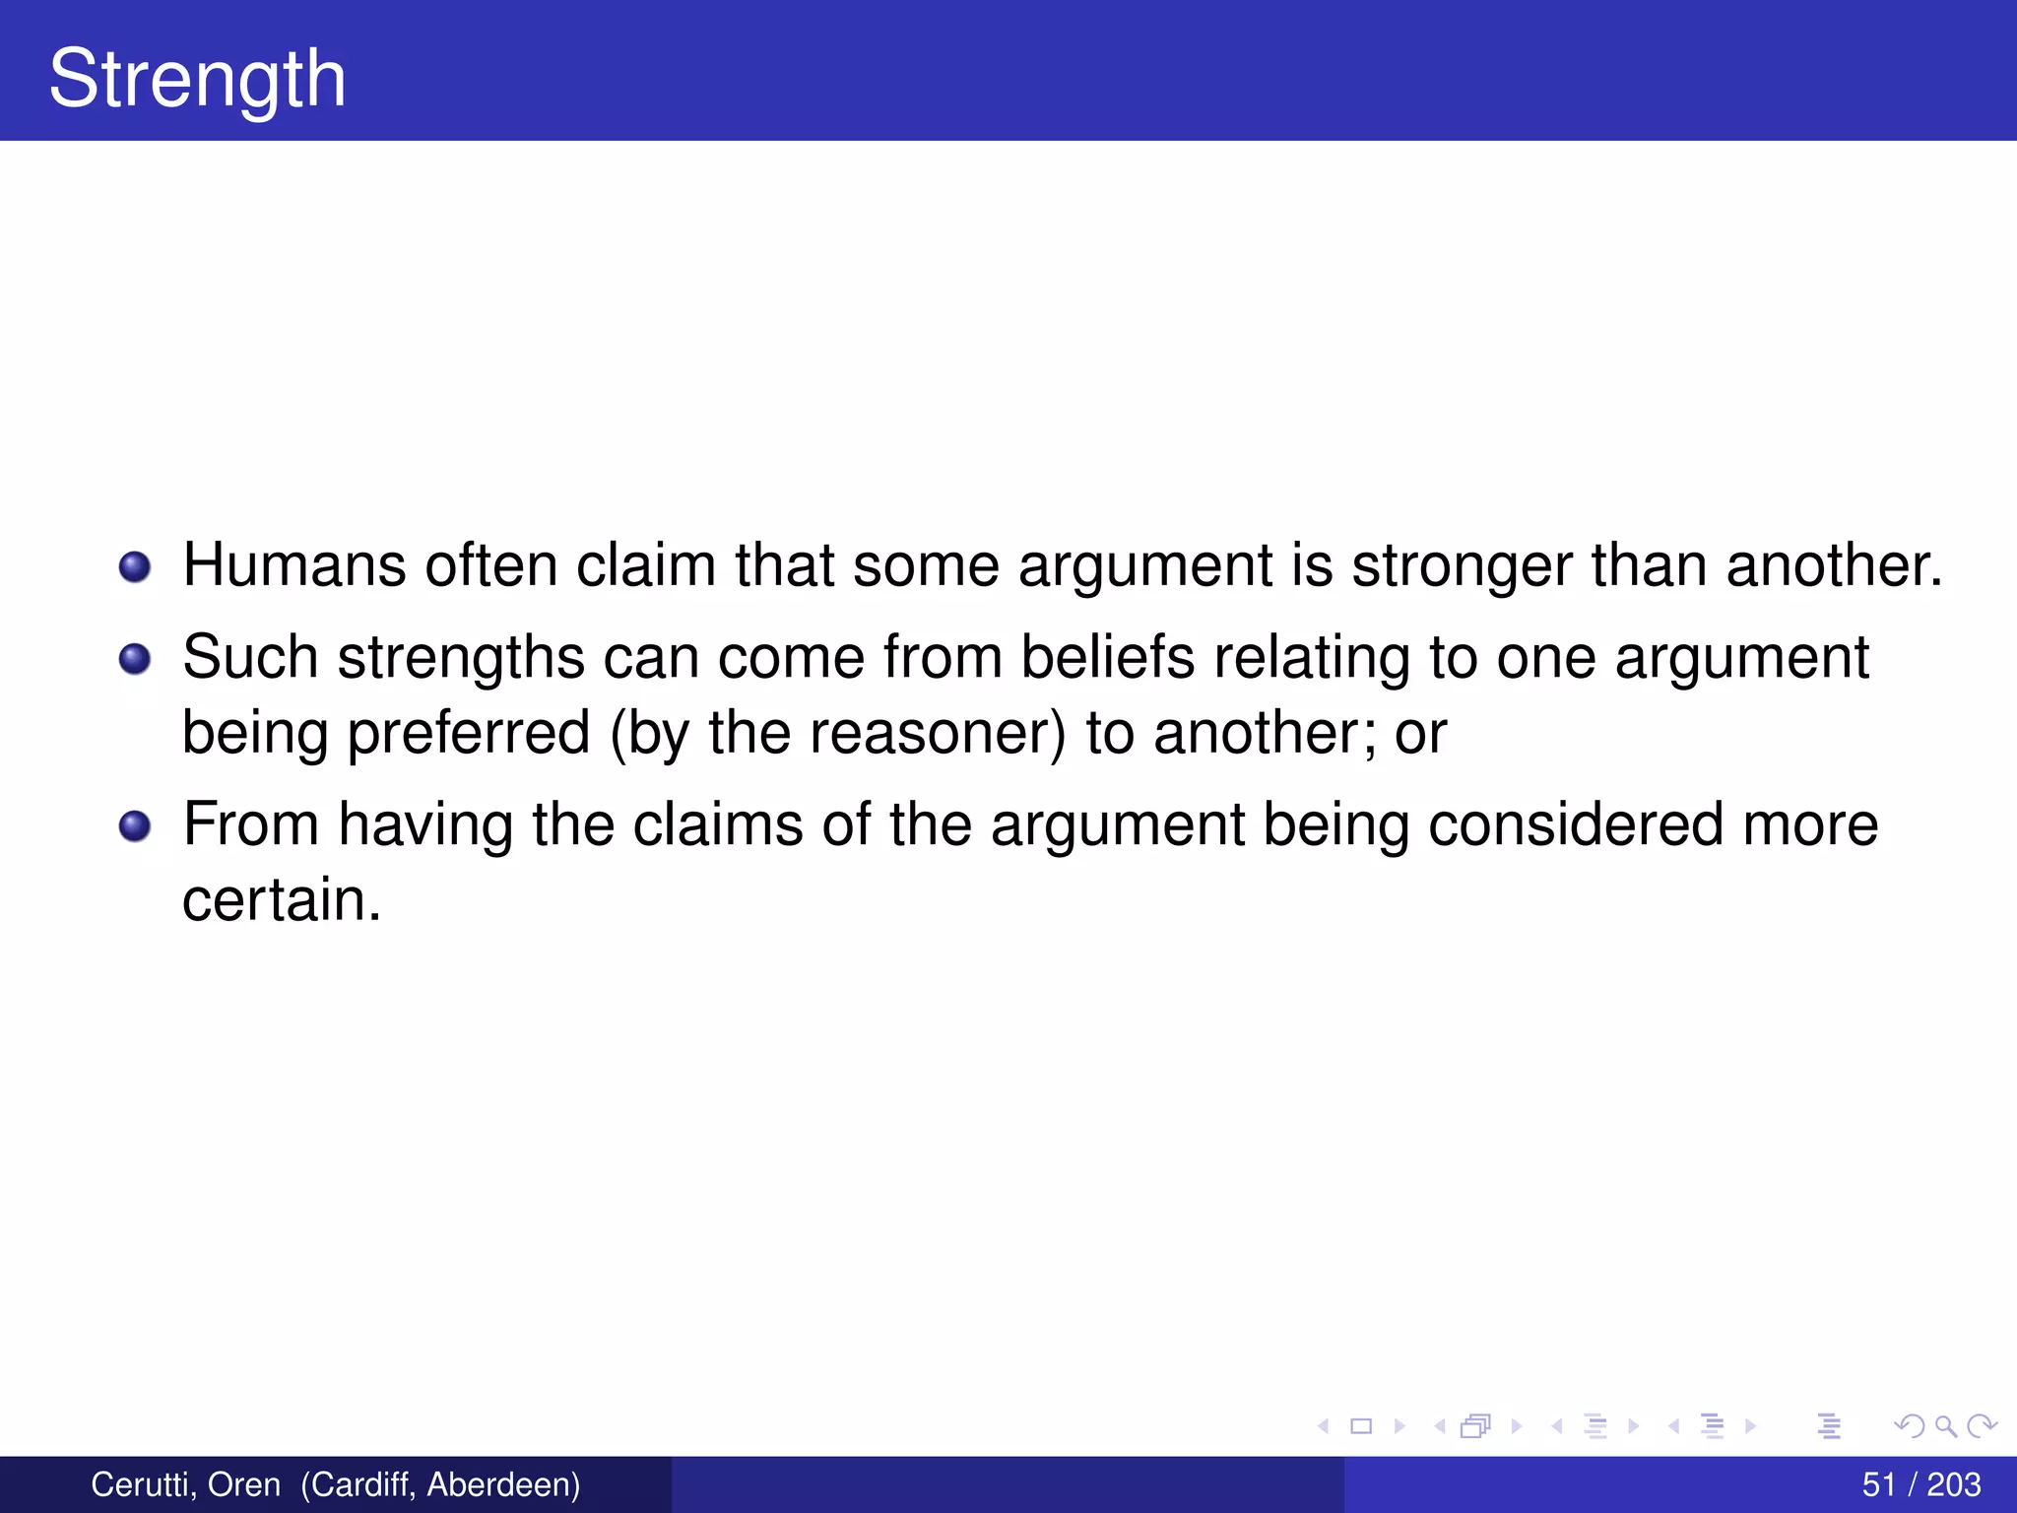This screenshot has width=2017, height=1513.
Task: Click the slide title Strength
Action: [197, 79]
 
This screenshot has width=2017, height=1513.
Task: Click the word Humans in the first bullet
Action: [293, 565]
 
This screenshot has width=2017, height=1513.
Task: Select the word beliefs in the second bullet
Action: [1107, 657]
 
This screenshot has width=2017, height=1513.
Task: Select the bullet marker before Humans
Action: [135, 567]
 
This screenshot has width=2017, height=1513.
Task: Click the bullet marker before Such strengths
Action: [135, 658]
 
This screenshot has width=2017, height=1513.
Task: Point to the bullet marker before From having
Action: [135, 825]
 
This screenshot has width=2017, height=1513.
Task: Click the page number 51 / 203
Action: [1920, 1484]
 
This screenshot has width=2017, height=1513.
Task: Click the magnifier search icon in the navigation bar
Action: [1945, 1425]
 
